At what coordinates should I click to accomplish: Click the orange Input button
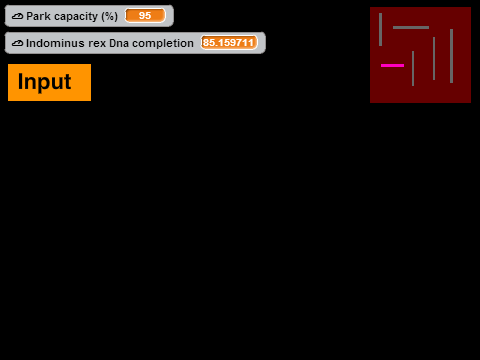[49, 82]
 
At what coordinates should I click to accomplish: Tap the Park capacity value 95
[145, 16]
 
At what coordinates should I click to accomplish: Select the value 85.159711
[229, 43]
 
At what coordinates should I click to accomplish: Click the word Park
[38, 16]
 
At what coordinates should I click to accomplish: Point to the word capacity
[76, 17]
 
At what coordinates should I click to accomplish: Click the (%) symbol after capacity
[109, 17]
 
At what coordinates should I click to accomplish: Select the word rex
[97, 44]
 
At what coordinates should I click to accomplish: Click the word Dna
[119, 43]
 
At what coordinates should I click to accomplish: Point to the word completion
[163, 44]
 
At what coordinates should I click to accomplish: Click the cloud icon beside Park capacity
[17, 16]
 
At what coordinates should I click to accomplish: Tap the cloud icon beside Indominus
[17, 43]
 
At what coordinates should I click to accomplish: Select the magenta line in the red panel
[392, 65]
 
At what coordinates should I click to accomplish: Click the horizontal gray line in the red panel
[411, 27]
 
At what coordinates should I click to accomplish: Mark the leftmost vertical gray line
[380, 29]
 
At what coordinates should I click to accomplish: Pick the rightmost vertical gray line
[451, 56]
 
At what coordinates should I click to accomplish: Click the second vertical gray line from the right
[434, 58]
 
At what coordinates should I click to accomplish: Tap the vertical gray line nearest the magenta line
[413, 68]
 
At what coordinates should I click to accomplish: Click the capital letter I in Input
[20, 81]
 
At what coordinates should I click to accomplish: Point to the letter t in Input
[67, 82]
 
